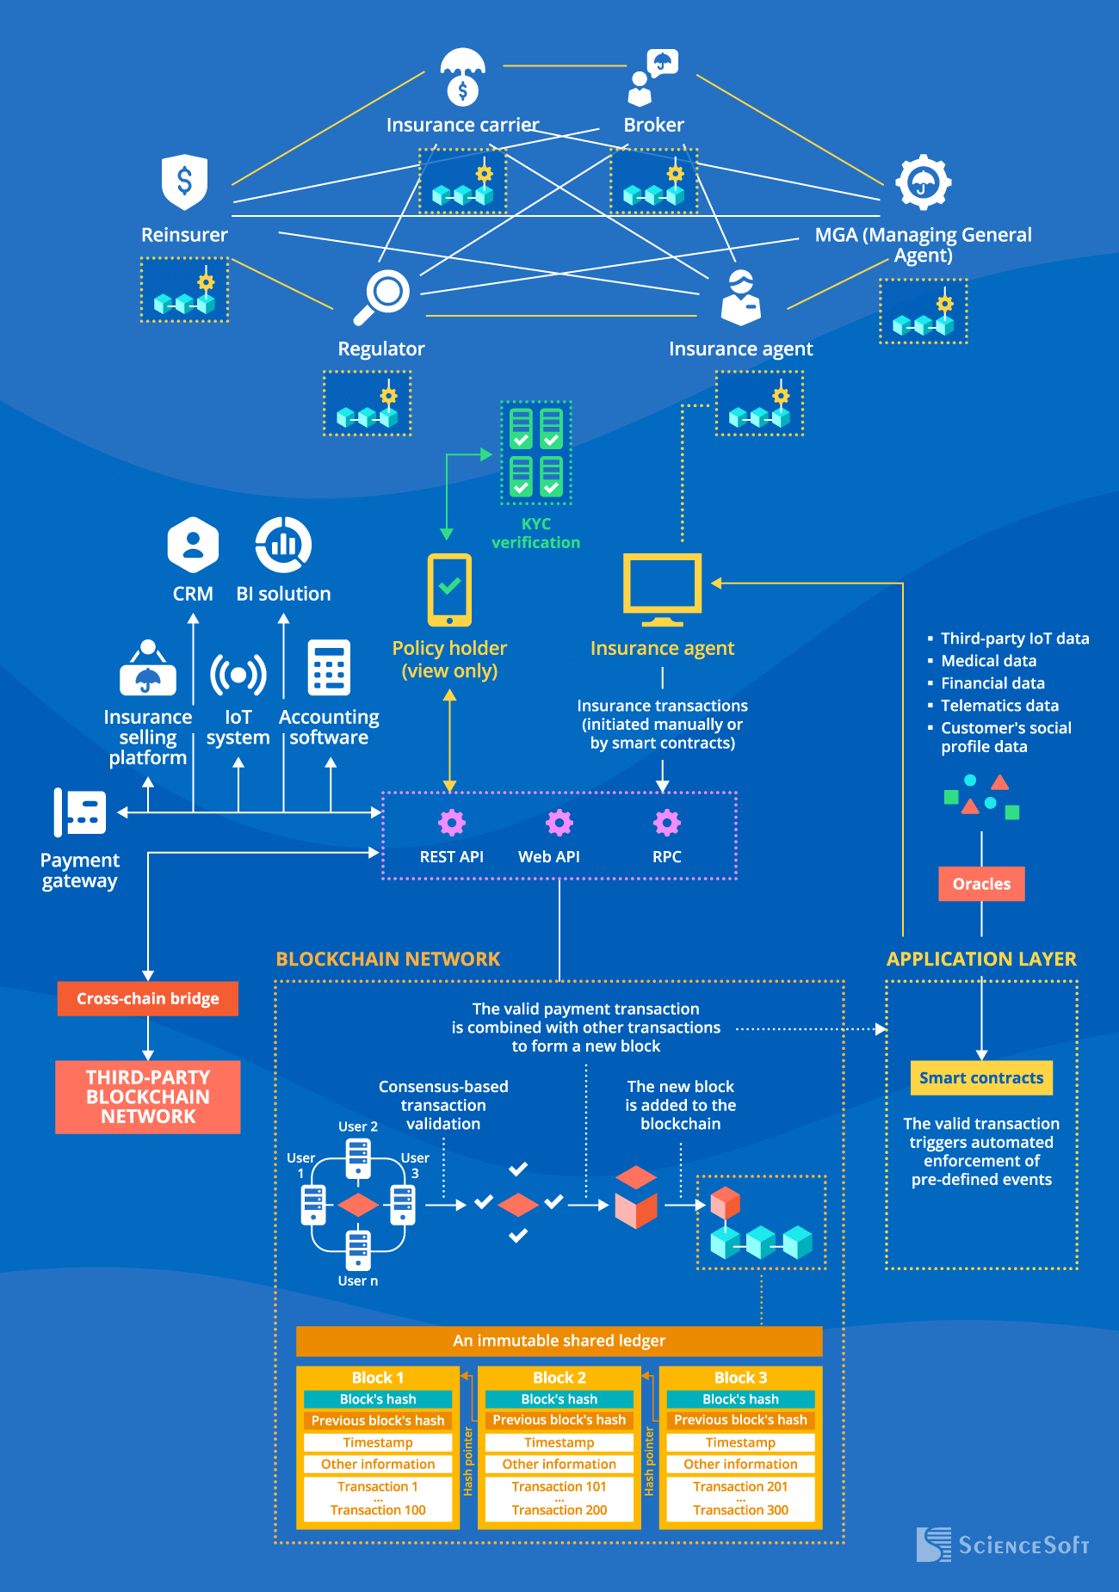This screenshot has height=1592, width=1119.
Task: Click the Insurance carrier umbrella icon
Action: click(x=462, y=76)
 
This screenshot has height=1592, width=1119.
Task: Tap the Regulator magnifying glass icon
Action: click(x=383, y=296)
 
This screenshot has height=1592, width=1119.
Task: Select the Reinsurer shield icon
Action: click(x=184, y=182)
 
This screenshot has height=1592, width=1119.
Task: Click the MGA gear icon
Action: click(x=923, y=182)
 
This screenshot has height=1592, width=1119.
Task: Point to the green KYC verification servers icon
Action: click(x=536, y=453)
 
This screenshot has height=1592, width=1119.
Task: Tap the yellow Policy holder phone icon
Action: click(x=449, y=589)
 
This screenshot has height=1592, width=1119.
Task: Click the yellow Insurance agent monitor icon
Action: click(x=662, y=589)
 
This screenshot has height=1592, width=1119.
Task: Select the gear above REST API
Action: click(x=452, y=823)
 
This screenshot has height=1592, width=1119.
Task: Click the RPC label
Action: click(x=666, y=857)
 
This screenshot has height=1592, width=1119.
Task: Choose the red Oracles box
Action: click(x=981, y=884)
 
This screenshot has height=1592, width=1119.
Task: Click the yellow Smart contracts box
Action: click(x=981, y=1078)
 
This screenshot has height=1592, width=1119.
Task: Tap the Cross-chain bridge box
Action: click(x=148, y=999)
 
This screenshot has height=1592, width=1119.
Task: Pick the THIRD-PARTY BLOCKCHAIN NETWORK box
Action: click(x=148, y=1097)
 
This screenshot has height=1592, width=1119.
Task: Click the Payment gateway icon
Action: click(x=80, y=812)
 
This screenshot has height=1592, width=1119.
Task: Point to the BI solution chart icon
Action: click(x=283, y=545)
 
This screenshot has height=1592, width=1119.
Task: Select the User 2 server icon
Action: click(x=358, y=1158)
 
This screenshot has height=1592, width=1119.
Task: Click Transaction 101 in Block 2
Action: click(x=559, y=1487)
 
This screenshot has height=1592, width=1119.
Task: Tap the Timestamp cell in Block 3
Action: click(x=740, y=1442)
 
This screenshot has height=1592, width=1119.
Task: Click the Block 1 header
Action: click(x=378, y=1378)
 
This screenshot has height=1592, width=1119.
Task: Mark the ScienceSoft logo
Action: click(x=1003, y=1545)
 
